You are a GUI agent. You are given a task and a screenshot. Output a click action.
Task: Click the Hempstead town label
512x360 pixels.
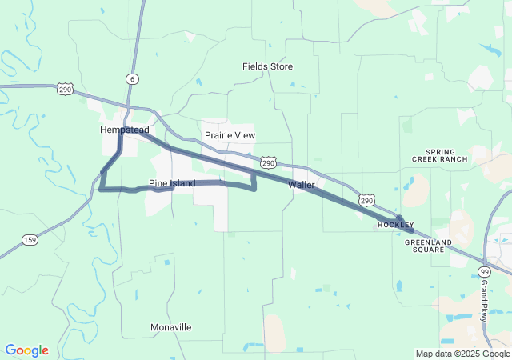pyautogui.click(x=125, y=130)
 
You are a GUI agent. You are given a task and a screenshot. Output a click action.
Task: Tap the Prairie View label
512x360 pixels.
pyautogui.click(x=230, y=135)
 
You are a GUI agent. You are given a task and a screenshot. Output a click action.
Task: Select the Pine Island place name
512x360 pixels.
pyautogui.click(x=172, y=184)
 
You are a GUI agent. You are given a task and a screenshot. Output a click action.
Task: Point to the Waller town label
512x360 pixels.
pyautogui.click(x=302, y=185)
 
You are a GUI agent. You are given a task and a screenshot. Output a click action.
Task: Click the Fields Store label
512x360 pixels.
pyautogui.click(x=268, y=66)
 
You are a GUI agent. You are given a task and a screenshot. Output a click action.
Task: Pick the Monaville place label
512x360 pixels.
pyautogui.click(x=171, y=327)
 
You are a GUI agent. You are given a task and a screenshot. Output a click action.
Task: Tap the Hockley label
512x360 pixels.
pyautogui.click(x=396, y=226)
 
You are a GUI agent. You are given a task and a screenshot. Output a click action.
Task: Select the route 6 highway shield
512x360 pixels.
pyautogui.click(x=131, y=78)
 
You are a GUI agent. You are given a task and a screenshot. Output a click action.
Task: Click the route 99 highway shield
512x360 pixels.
pyautogui.click(x=485, y=272)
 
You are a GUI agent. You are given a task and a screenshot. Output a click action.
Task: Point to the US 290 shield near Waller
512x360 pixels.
pyautogui.click(x=365, y=198)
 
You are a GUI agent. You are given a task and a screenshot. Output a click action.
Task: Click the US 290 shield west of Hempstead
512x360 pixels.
pyautogui.click(x=65, y=90)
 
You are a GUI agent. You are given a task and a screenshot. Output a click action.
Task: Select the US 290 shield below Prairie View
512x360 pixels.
pyautogui.click(x=270, y=162)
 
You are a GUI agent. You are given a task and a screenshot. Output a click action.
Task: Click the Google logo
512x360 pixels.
pyautogui.click(x=26, y=350)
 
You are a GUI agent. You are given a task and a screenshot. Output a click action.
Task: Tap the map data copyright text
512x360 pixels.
pyautogui.click(x=462, y=354)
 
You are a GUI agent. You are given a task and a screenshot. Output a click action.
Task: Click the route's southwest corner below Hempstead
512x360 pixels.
pyautogui.click(x=102, y=189)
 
